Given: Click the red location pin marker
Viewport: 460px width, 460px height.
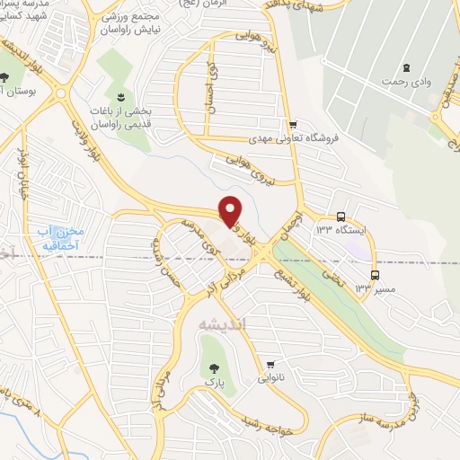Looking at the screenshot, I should pos(230,210).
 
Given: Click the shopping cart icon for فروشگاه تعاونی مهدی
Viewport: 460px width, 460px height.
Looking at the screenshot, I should pos(293,124).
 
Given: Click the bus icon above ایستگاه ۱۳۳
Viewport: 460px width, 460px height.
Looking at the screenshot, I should pos(341,216).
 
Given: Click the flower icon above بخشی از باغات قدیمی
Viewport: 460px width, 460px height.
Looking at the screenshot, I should pos(119,96).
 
